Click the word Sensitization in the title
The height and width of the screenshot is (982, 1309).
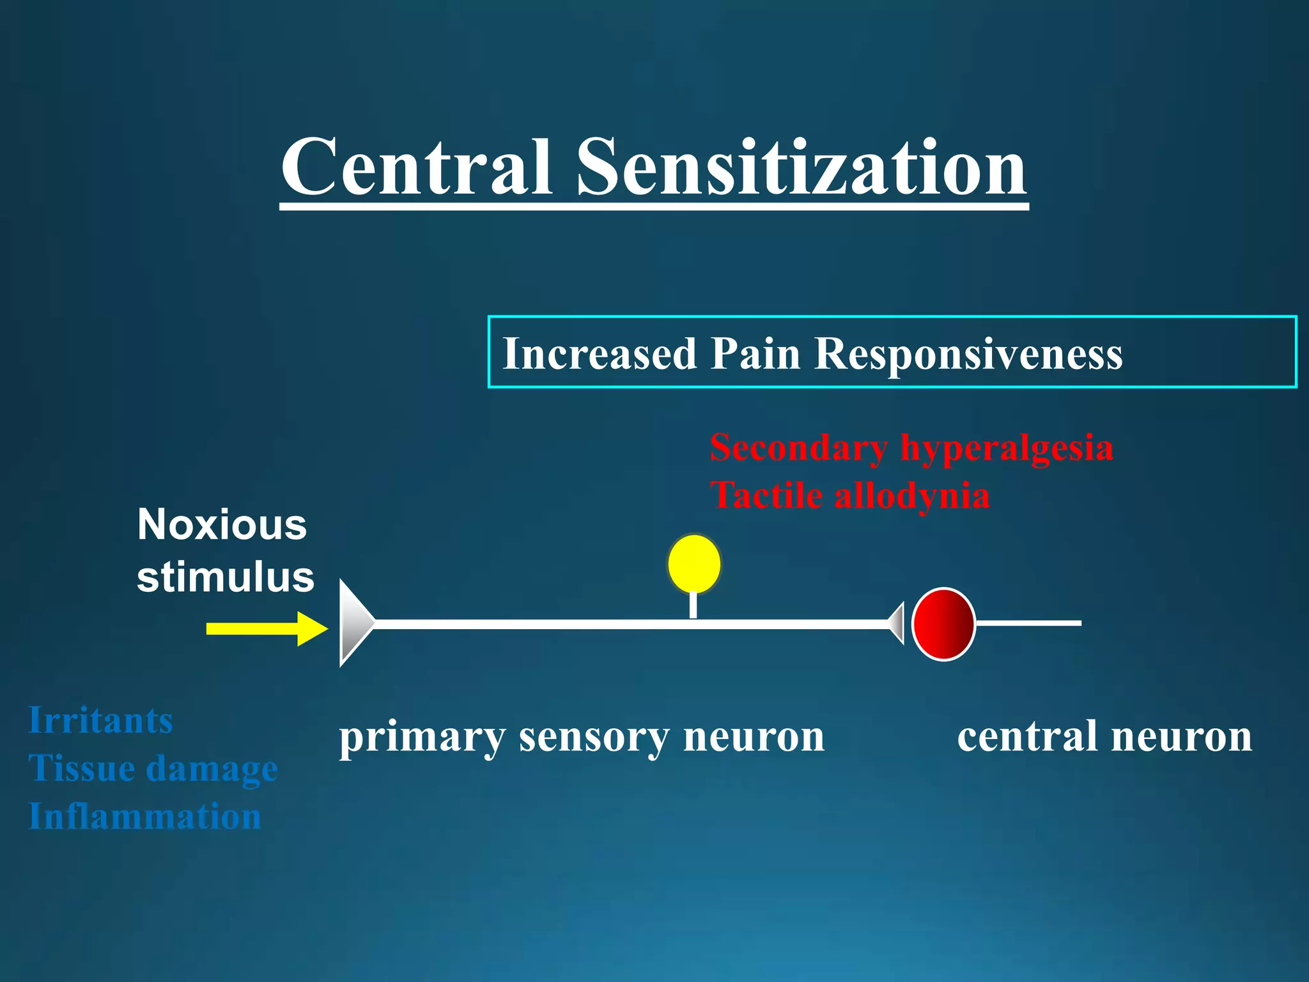click(x=802, y=168)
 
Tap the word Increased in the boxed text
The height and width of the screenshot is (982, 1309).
click(x=600, y=354)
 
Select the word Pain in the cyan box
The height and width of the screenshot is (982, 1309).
click(x=755, y=354)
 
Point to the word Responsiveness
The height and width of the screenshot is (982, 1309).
click(x=968, y=354)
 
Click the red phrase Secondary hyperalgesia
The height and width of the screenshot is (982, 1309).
click(x=911, y=448)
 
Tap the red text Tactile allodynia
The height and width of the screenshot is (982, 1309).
click(x=850, y=495)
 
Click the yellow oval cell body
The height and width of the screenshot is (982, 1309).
click(x=694, y=564)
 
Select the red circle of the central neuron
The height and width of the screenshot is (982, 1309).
click(x=943, y=623)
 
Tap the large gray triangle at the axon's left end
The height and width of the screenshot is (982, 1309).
click(x=353, y=623)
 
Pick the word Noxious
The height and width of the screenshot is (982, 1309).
click(x=222, y=525)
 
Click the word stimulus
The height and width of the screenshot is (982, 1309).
click(x=226, y=577)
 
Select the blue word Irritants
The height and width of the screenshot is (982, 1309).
click(x=101, y=721)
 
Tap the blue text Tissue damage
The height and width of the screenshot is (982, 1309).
click(x=153, y=768)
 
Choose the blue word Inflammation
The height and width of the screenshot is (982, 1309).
click(x=145, y=816)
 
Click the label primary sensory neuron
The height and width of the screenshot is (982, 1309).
click(x=582, y=737)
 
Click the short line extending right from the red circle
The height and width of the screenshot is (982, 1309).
click(x=1029, y=622)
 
